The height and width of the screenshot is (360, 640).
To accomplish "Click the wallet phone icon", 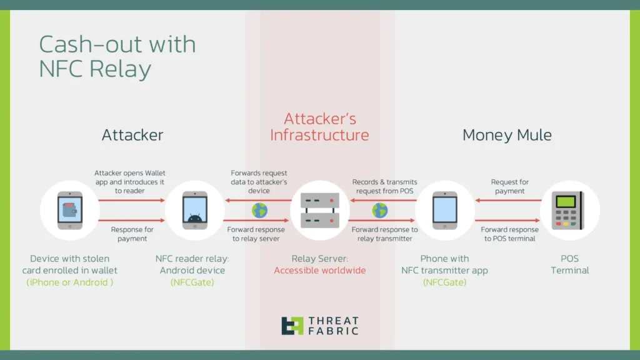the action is point(70,210).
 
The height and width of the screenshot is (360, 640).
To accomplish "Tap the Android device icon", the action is point(195,210).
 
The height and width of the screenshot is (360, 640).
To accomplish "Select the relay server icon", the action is point(319,210).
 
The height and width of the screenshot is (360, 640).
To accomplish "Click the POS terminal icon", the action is point(567,211).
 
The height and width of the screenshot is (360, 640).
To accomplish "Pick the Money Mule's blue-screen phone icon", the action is point(444,210).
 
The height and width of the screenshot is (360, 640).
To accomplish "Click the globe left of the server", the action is point(259,211).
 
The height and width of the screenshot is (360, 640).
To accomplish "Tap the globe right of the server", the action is point(379,211).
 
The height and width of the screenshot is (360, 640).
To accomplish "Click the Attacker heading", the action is point(132,135).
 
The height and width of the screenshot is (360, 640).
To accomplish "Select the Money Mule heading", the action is point(507,135).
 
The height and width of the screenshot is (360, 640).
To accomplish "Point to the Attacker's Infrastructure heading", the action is point(319,127).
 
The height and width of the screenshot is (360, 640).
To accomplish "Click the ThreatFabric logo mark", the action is point(292,326).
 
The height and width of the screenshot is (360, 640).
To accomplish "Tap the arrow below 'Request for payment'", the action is point(508,201).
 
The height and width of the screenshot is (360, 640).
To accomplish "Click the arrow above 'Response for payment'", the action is point(131,221).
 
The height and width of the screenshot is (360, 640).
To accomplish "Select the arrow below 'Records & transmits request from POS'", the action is point(383,201).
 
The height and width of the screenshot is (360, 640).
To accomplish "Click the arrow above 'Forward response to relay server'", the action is point(256,221).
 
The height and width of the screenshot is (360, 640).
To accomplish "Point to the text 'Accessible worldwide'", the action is point(319,271).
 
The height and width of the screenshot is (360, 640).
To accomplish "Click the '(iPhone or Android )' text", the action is point(70,282).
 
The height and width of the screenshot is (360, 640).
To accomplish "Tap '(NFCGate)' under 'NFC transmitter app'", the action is point(444,282).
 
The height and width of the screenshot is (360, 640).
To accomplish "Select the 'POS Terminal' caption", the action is point(570,264).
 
